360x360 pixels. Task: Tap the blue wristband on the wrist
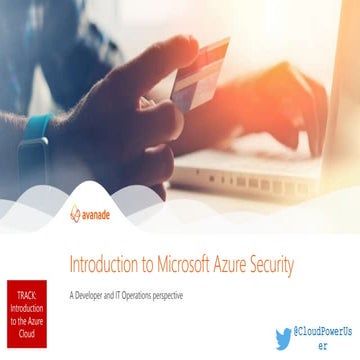point(36,136)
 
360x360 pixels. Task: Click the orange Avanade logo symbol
point(76,214)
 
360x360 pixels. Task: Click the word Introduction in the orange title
point(103,264)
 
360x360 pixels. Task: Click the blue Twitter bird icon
point(283,338)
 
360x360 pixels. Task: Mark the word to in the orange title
point(148,264)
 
